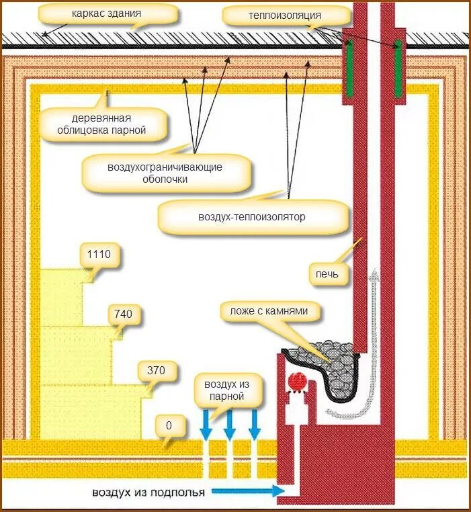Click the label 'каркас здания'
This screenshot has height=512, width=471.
(108, 13)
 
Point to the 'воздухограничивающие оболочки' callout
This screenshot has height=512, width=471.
(165, 173)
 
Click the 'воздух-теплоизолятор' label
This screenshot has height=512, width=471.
(252, 217)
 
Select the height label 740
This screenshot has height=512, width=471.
(124, 313)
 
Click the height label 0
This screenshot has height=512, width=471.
(169, 425)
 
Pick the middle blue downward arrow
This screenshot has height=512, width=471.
(229, 424)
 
